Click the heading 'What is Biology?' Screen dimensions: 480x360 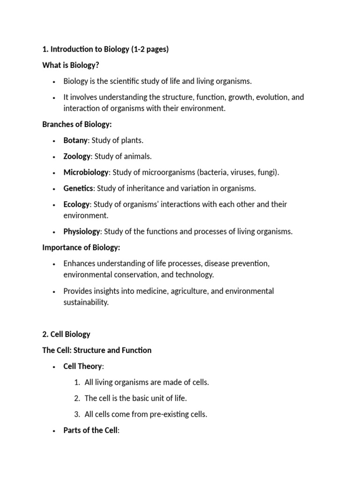click(70, 65)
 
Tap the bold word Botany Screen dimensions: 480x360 click(75, 140)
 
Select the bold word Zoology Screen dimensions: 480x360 click(77, 156)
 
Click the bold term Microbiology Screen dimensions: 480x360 click(86, 172)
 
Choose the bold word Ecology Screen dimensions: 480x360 click(76, 204)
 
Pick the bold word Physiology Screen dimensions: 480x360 click(82, 231)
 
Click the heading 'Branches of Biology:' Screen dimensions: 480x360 click(77, 124)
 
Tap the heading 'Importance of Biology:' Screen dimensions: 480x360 click(81, 247)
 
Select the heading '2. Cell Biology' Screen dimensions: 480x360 click(66, 334)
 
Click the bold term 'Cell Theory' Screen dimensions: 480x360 click(82, 366)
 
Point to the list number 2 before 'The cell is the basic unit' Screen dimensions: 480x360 click(77, 398)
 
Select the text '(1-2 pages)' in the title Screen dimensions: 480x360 click(150, 49)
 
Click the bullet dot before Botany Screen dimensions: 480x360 click(54, 141)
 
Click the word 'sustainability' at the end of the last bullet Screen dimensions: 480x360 click(86, 302)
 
